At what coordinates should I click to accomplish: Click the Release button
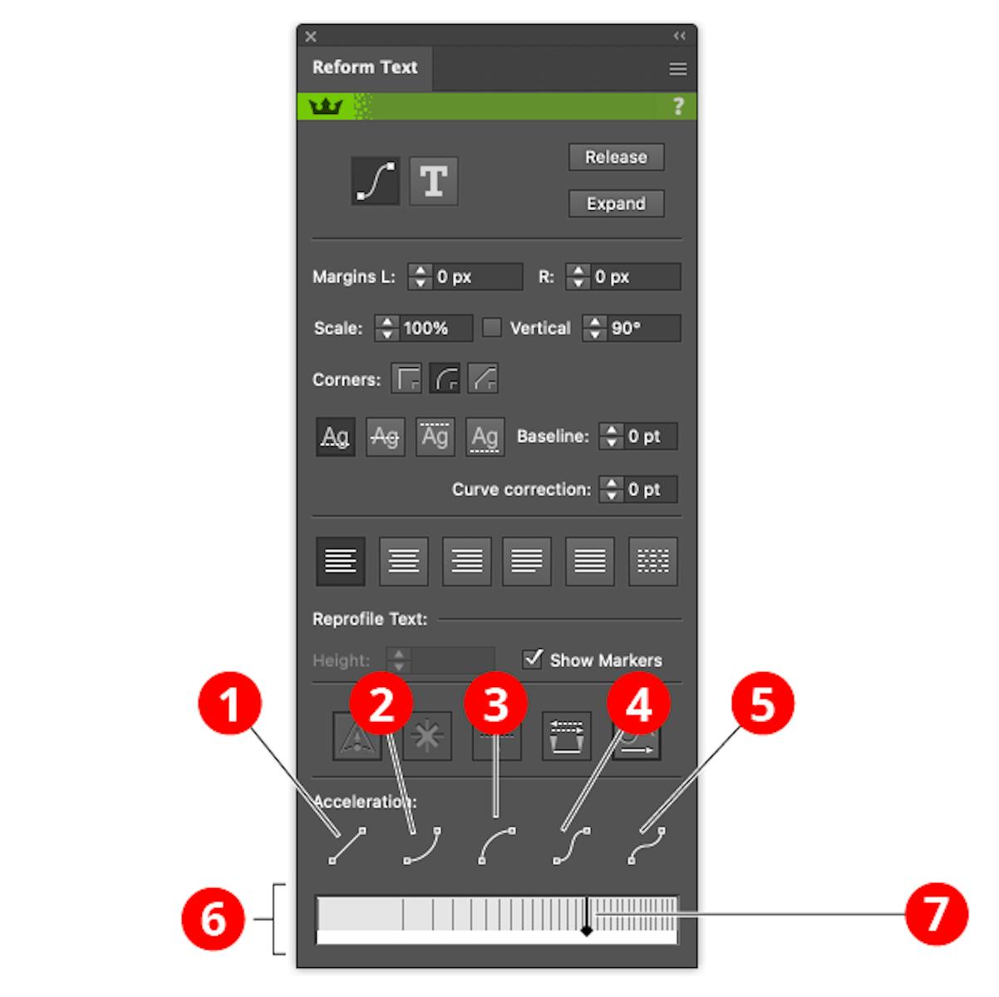pos(616,157)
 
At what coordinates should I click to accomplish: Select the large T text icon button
pos(433,180)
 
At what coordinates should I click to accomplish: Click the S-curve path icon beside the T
pos(375,180)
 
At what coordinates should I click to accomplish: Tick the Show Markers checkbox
pos(533,659)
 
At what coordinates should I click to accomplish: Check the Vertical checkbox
pos(492,327)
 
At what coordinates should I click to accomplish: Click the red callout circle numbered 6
pos(214,919)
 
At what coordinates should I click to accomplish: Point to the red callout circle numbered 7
pos(937,915)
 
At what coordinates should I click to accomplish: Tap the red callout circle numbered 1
pos(230,704)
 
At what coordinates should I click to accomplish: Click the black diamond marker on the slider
pos(587,931)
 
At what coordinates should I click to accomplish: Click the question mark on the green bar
pos(678,106)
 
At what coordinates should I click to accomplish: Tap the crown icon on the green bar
pos(326,106)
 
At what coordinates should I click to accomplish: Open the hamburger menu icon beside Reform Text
pos(678,69)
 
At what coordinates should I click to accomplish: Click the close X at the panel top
pos(311,37)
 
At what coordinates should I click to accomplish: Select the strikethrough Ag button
pos(385,436)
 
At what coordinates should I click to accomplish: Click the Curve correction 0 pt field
pos(649,489)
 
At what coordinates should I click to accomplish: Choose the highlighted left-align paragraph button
pos(341,561)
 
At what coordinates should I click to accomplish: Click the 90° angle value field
pos(642,328)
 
